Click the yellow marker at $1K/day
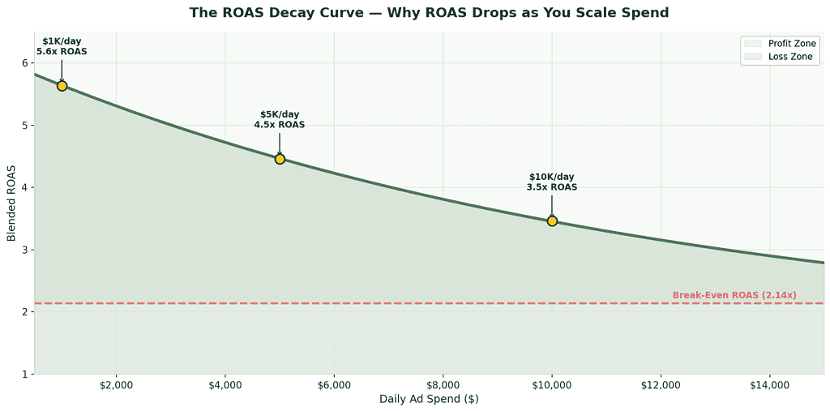pos(62,86)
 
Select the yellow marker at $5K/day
pos(280,159)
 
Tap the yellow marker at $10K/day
pos(552,220)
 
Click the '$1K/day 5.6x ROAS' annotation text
pos(62,46)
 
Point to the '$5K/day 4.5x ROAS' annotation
pos(280,119)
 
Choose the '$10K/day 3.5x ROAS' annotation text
pos(552,182)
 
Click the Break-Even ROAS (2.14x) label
pos(734,295)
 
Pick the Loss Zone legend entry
pos(779,57)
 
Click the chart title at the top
pos(429,13)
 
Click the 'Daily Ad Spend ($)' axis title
pos(429,399)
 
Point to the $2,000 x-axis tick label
pos(116,384)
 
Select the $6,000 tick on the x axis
pos(334,384)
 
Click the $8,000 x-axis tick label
pos(443,384)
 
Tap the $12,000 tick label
pos(661,384)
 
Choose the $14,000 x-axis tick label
pos(770,384)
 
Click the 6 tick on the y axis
pos(25,63)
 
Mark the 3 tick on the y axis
pos(25,250)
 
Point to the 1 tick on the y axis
pos(25,374)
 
